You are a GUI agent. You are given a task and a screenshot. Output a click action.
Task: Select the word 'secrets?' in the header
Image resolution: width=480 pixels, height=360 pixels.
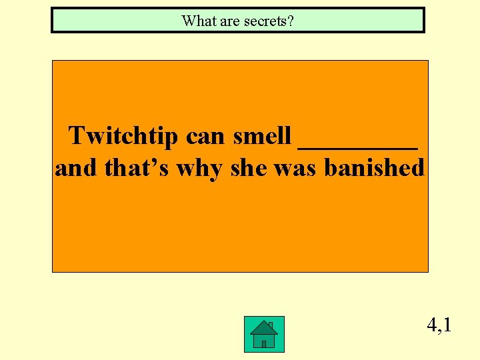[x=268, y=21]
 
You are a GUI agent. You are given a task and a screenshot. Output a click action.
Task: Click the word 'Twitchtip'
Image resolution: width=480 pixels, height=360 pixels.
[x=124, y=136]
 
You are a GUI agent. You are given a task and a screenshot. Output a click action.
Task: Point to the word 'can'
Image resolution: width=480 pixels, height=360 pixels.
[x=206, y=136]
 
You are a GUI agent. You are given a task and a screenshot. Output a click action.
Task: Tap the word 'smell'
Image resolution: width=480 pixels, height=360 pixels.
[x=262, y=136]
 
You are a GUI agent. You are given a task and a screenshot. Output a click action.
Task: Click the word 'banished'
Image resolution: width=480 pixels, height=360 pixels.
[x=374, y=168]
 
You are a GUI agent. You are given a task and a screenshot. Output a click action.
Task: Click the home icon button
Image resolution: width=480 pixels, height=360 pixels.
[x=264, y=334]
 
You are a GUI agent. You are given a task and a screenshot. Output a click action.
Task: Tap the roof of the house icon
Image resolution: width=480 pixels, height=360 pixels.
[x=264, y=327]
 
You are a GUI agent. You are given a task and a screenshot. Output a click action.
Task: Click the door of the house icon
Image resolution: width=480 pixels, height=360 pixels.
[x=264, y=343]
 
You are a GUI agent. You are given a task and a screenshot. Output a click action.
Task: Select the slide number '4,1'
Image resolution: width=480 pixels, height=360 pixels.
[x=439, y=325]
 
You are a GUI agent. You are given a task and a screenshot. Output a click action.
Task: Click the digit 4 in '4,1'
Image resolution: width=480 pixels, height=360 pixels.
[x=433, y=325]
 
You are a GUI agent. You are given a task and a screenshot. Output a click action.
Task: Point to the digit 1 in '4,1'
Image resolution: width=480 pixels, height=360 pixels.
[x=447, y=325]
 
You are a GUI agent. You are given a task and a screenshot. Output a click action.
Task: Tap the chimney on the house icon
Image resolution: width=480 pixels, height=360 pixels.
[x=270, y=325]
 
